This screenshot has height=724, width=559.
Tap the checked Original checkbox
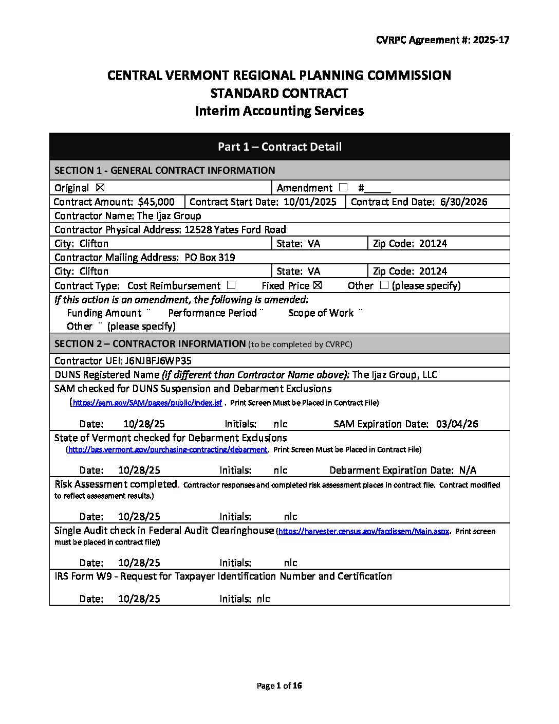(x=100, y=188)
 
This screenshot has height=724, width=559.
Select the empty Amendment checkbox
(x=343, y=188)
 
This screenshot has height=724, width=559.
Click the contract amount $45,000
(x=156, y=202)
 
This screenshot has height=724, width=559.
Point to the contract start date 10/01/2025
(x=310, y=202)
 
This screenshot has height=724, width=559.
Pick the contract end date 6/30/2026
(x=463, y=202)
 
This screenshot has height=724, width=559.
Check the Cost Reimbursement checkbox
(x=231, y=285)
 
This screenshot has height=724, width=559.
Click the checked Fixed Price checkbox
(x=317, y=285)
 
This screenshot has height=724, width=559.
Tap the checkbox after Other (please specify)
(x=384, y=285)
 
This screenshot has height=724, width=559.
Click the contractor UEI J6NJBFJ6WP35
(x=158, y=360)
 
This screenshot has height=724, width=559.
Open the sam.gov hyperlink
(x=147, y=403)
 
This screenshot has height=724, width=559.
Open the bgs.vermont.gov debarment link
(x=167, y=450)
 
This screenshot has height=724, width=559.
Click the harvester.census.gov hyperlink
(x=364, y=532)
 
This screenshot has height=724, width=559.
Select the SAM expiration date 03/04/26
(x=457, y=424)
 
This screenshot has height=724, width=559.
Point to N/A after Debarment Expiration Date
(x=468, y=470)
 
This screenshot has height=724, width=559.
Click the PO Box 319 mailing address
(x=210, y=258)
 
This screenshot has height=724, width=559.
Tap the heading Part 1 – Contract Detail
(x=279, y=147)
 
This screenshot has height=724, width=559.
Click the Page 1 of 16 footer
(x=279, y=685)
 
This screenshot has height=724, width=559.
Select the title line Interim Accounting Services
(x=279, y=111)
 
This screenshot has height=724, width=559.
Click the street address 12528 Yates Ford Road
(x=235, y=230)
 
